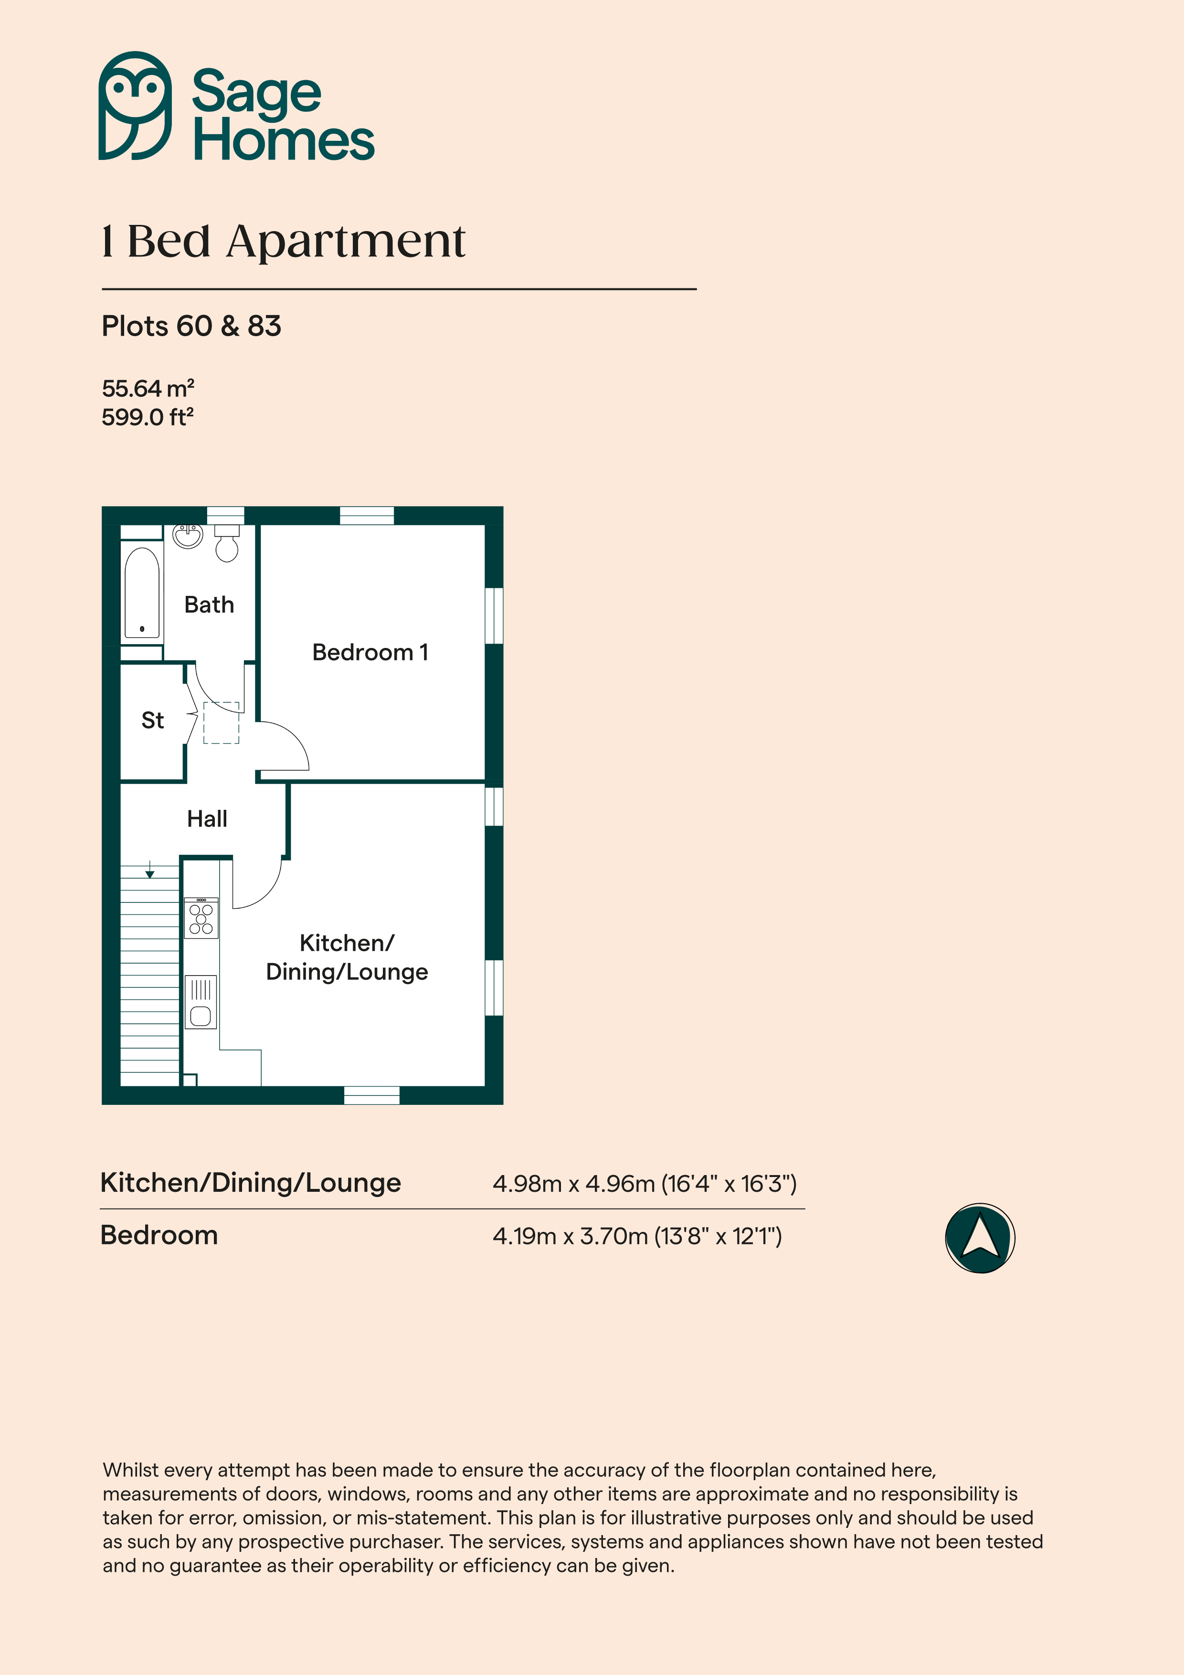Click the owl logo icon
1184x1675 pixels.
tap(135, 106)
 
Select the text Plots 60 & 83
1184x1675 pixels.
tap(191, 326)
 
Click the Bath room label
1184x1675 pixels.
tap(210, 605)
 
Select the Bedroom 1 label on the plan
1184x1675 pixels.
tap(370, 652)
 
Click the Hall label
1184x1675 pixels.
tap(207, 818)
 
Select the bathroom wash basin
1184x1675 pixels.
tap(188, 535)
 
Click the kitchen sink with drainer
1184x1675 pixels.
tap(201, 1002)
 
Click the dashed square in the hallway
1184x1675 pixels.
tap(221, 723)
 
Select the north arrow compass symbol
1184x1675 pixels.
tap(980, 1238)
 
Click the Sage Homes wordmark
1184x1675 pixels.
tap(283, 115)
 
